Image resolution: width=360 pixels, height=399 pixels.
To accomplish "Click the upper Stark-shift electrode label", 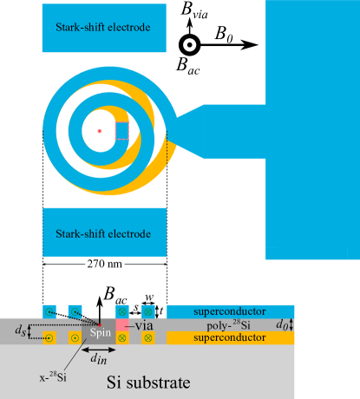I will pos(103,27).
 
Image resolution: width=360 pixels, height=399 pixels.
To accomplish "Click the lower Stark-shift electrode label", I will pos(103,233).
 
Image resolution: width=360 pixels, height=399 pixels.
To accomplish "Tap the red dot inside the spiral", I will pos(100,131).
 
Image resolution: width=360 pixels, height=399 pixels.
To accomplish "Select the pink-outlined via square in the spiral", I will pos(121,131).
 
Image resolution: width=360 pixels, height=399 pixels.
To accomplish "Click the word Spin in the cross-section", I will pos(101,332).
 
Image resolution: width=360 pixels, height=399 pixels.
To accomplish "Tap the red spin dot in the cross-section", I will pos(100,325).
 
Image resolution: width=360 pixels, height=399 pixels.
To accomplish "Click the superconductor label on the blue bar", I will pos(230,311).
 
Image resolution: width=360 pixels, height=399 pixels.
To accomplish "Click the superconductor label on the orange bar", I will pos(230,337).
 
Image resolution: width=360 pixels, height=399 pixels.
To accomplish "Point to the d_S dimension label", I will pos(21,330).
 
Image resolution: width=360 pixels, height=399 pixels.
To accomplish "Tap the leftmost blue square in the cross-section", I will pos(49,311).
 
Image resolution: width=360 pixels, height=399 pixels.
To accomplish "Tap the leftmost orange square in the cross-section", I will pos(49,337).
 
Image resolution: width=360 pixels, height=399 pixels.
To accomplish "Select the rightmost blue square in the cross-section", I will pos(148,311).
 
